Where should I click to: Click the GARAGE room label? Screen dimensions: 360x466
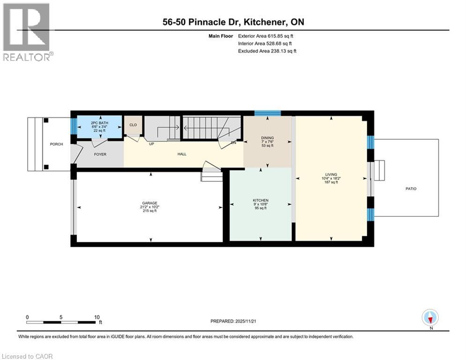click(149, 203)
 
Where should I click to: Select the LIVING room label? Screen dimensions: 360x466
click(331, 174)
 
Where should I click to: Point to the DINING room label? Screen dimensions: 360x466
click(267, 138)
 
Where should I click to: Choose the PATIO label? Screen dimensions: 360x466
click(411, 189)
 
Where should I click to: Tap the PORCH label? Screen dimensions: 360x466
click(56, 144)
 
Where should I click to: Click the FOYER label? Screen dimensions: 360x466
click(100, 154)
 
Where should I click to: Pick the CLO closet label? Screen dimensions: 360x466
click(133, 125)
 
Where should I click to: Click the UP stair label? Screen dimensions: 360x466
click(151, 143)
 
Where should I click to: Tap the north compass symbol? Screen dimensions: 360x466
click(430, 318)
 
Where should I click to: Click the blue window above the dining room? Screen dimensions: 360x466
click(267, 113)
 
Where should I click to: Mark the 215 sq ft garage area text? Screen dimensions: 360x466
click(149, 211)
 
